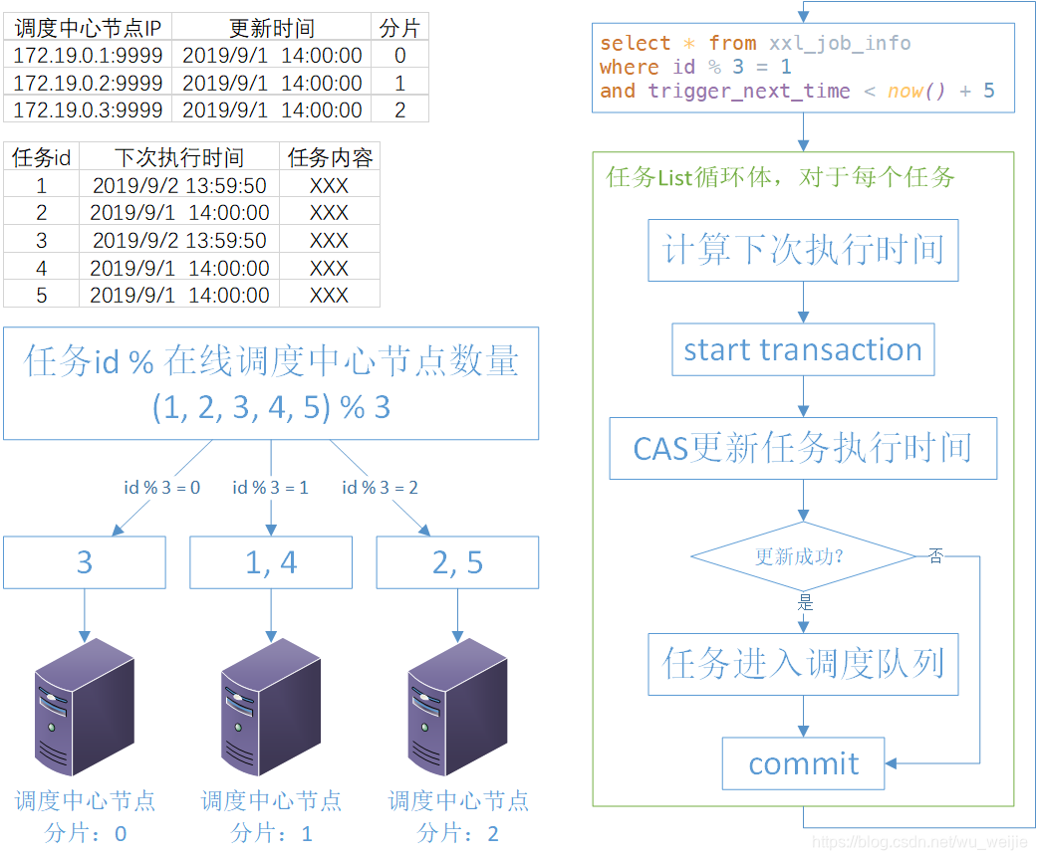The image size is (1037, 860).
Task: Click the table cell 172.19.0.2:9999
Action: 88,83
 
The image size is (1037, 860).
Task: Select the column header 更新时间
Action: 272,28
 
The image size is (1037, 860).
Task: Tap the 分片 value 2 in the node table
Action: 399,110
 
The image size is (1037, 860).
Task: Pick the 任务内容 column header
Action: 330,157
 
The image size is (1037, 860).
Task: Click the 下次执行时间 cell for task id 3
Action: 179,240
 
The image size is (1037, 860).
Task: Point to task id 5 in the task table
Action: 41,295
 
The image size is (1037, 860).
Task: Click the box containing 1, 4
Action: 271,562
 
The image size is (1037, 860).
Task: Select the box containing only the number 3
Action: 85,562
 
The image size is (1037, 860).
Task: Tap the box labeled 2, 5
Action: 457,562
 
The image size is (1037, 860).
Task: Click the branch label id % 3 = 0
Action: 161,487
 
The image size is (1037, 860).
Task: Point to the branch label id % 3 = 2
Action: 380,487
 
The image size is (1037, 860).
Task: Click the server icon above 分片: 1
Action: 271,707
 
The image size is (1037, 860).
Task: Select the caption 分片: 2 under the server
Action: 457,833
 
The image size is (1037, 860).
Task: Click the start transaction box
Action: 803,349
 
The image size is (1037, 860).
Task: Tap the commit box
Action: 803,763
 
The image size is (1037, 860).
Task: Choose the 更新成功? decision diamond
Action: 803,555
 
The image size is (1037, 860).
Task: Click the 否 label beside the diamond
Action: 935,555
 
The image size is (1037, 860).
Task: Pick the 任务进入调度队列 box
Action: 803,664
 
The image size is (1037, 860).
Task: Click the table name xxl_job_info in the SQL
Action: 840,43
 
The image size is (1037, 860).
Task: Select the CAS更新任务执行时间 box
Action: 803,448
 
